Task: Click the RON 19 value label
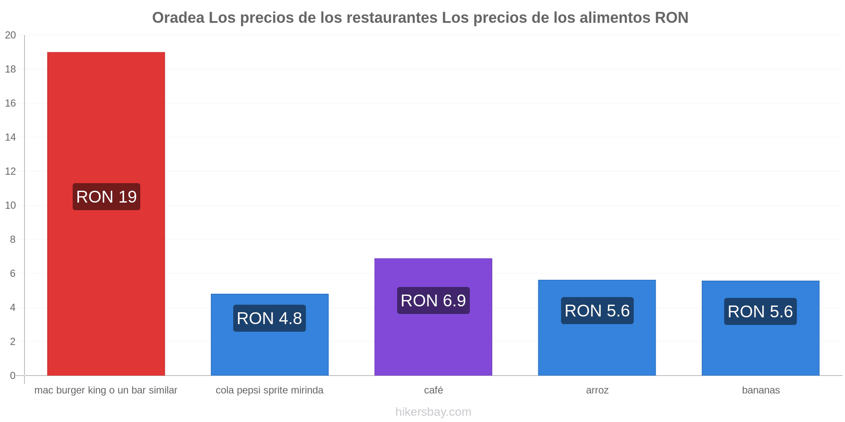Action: point(106,197)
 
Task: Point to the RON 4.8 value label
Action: point(270,318)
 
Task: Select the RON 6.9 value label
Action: point(433,300)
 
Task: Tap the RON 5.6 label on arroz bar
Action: point(597,311)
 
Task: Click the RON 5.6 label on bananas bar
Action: point(760,311)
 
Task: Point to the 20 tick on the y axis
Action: point(11,35)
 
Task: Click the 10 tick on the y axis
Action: point(11,206)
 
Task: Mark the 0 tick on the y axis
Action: point(13,376)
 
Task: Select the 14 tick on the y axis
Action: point(11,137)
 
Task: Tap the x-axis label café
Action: point(433,390)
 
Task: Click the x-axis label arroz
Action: point(597,390)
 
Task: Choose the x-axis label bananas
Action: point(761,390)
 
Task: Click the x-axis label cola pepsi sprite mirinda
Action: point(270,390)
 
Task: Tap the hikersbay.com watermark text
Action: point(433,412)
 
